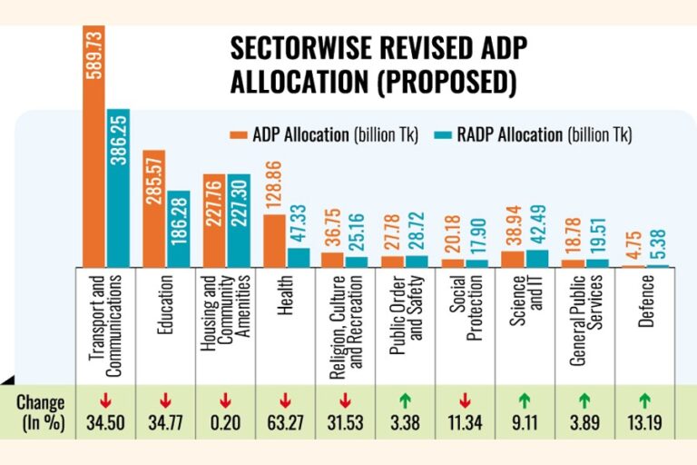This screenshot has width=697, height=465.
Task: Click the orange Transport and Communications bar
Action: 94,136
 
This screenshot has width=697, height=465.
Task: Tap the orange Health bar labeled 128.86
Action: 274,241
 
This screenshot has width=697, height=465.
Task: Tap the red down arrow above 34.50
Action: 104,397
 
